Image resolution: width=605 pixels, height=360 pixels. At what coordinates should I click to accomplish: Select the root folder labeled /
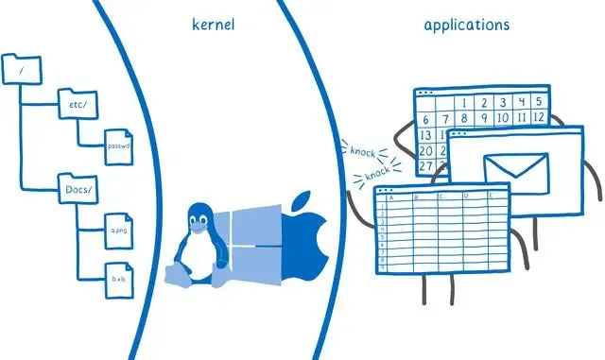[x=22, y=68]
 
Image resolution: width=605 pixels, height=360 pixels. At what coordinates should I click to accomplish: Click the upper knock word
[x=364, y=151]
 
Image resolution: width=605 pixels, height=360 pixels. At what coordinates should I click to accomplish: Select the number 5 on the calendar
[x=536, y=102]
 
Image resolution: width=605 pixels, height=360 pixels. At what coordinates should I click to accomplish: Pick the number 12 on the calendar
[x=537, y=118]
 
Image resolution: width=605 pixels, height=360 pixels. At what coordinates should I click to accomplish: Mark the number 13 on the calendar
[x=425, y=135]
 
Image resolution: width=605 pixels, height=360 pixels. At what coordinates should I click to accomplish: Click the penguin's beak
[x=197, y=226]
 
